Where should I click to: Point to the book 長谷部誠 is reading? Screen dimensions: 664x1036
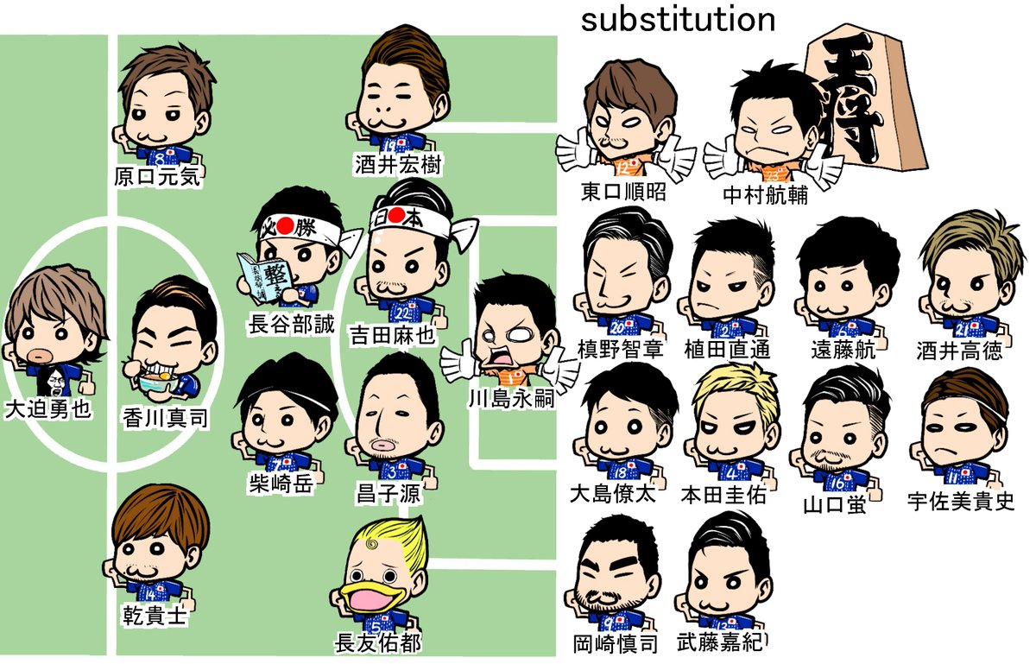(x=262, y=275)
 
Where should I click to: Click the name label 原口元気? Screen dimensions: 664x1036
(x=157, y=177)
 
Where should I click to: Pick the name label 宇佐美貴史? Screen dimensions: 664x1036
(x=961, y=501)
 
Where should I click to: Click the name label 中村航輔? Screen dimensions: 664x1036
(x=765, y=194)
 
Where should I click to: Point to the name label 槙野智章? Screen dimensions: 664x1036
(x=619, y=350)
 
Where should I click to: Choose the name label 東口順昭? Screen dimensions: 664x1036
(x=623, y=192)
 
